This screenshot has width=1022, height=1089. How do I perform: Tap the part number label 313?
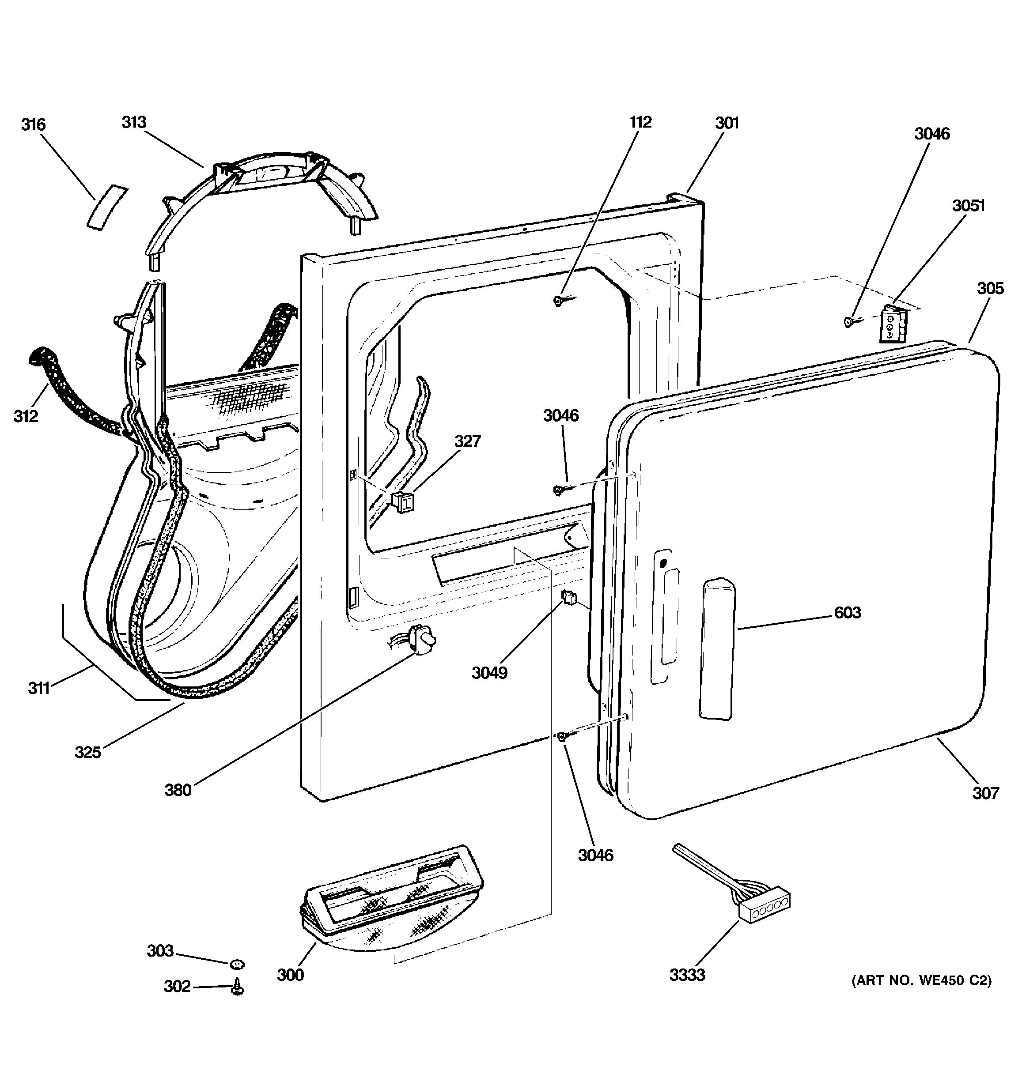[x=134, y=122]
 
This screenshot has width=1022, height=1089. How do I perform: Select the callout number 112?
[x=640, y=122]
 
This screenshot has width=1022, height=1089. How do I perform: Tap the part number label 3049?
[x=489, y=673]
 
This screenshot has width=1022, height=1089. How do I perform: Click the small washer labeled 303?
[x=237, y=964]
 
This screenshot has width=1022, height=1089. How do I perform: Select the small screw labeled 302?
[x=238, y=987]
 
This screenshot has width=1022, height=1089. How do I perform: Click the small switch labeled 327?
[x=403, y=501]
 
